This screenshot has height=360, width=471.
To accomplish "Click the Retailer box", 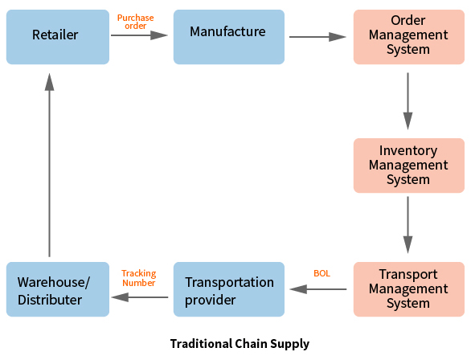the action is click(x=58, y=37).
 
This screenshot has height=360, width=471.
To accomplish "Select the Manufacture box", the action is click(x=229, y=37).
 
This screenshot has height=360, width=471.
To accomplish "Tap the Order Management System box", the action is click(x=409, y=37).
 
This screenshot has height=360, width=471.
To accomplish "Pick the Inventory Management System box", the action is click(x=409, y=166).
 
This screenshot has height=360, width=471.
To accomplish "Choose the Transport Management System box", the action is click(x=409, y=289).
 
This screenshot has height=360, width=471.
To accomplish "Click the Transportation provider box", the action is click(x=229, y=289).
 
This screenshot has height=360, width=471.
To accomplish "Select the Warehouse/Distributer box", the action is click(x=58, y=289).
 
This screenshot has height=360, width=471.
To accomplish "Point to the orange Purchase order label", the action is click(x=136, y=22).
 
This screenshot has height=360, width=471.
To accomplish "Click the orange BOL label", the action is click(x=322, y=273).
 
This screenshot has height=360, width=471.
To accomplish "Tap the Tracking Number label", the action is click(x=139, y=278).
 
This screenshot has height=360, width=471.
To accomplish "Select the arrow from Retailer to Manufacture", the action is click(x=139, y=35).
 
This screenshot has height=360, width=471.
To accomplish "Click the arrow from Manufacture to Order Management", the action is click(x=317, y=37).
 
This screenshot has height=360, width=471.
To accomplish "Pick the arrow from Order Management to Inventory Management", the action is click(x=408, y=101).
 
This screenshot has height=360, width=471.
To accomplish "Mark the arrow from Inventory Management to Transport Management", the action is click(x=408, y=225).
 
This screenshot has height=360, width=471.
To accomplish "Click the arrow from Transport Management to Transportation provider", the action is click(x=318, y=289).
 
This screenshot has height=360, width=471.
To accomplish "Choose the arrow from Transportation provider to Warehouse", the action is click(x=140, y=297).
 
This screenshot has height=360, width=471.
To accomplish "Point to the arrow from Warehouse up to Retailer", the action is click(x=50, y=166).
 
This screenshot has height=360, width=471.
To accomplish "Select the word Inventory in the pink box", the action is click(x=408, y=151).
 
